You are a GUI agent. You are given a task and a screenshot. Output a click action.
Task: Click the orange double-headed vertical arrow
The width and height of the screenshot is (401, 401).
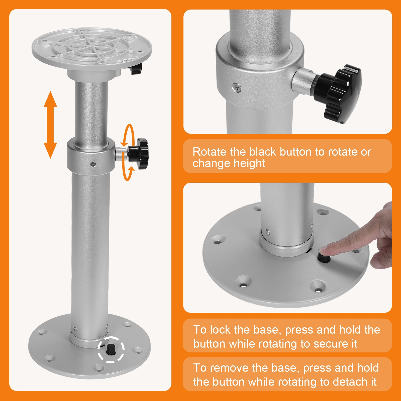(50, 125)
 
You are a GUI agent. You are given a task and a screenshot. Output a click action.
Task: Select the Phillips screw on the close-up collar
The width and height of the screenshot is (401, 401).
(237, 87)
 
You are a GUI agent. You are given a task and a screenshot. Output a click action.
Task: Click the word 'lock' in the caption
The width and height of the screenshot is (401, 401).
(220, 330)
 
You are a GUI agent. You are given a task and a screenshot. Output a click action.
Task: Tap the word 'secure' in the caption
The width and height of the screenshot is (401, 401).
(329, 344)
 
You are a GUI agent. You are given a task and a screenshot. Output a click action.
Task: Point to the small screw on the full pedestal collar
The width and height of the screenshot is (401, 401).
(93, 164)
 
